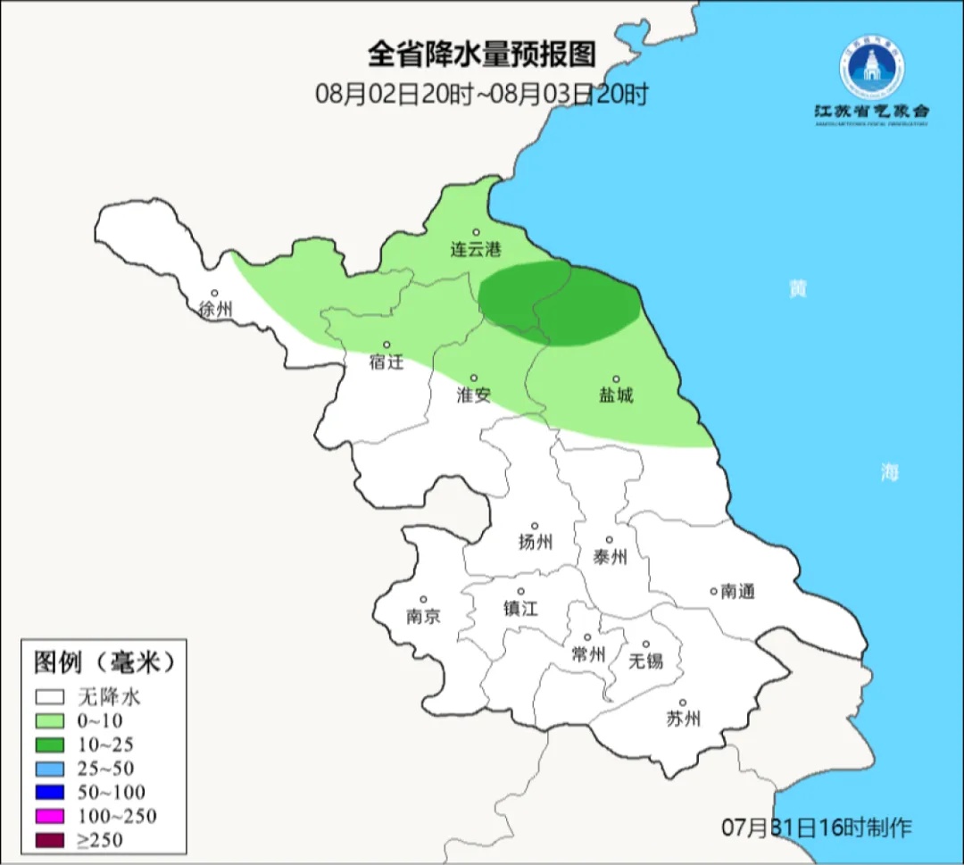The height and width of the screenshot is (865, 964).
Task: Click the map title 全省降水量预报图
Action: pos(481,55)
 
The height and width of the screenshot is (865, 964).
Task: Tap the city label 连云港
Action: pos(476,250)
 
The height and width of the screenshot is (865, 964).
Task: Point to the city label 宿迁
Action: pos(386,362)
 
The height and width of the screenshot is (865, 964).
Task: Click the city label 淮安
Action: pos(474,395)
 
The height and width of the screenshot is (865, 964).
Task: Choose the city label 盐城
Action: pos(616,395)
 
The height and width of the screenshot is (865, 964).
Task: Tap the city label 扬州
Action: pos(536,541)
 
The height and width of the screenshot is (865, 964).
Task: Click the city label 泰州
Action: pos(610,557)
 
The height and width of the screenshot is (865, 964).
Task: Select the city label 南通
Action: pos(737,591)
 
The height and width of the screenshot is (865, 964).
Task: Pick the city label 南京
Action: pos(423,616)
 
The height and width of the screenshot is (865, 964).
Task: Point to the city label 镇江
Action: pos(521,608)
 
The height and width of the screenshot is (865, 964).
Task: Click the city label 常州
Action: pos(588,654)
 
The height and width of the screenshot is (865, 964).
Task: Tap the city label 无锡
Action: pos(645,661)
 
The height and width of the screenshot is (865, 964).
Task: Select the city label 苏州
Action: pos(683,719)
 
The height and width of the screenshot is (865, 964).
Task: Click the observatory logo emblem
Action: pos(870,67)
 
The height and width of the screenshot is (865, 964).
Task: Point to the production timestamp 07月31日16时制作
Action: pos(816,828)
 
